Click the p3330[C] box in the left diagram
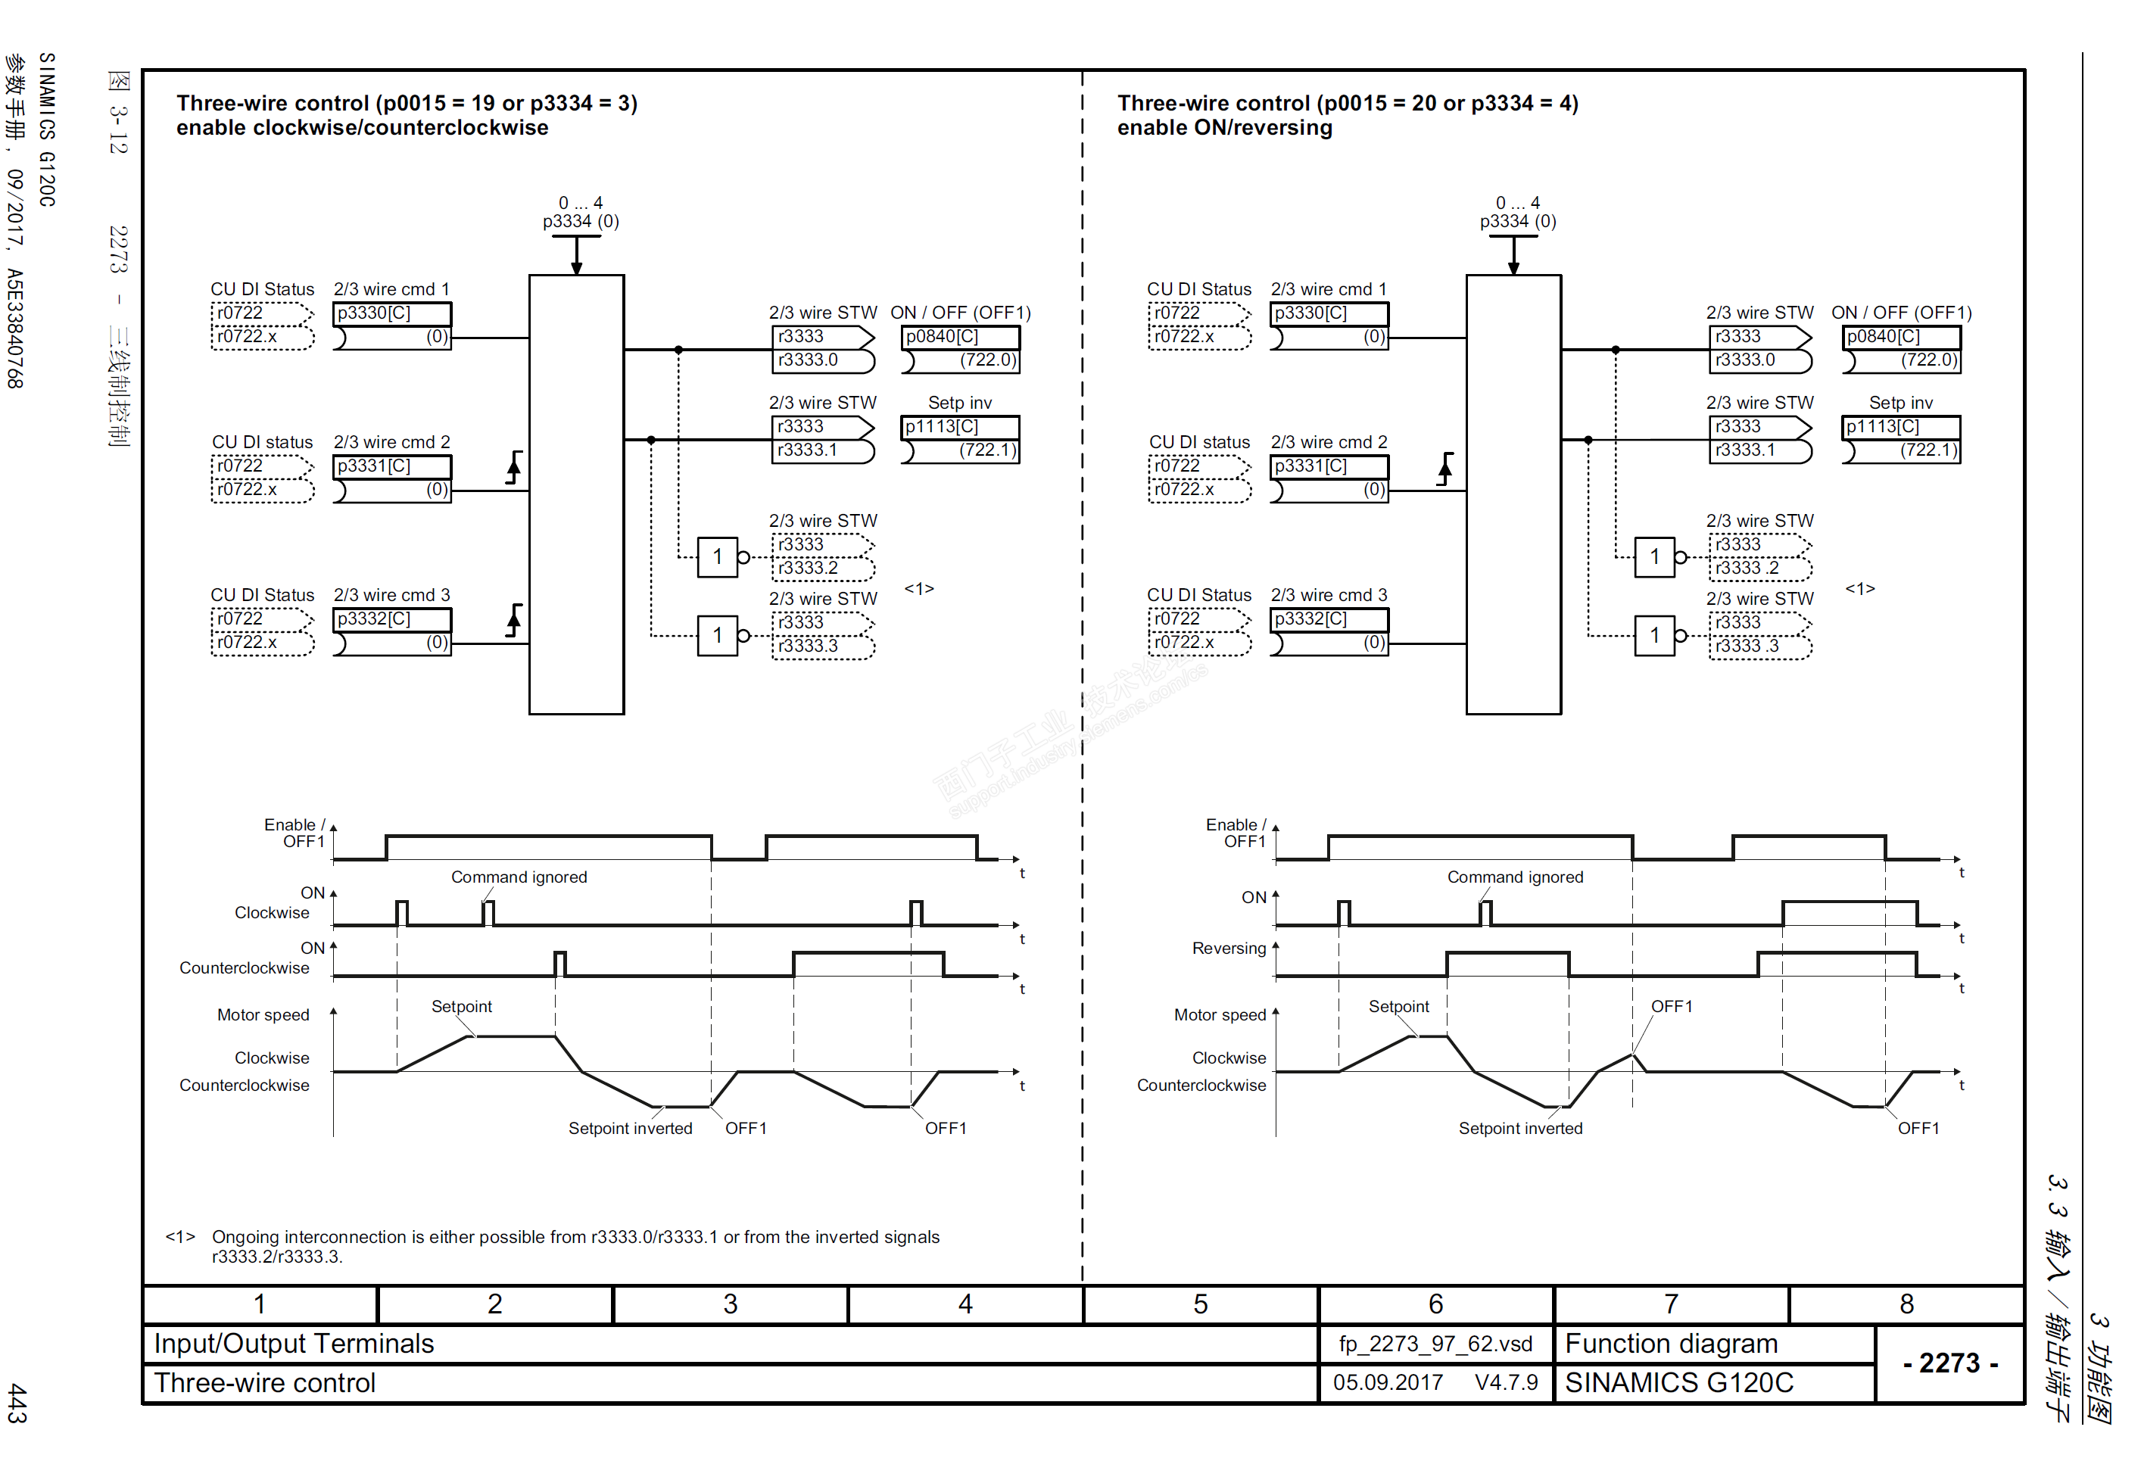[x=391, y=313]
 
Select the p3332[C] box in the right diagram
[x=1329, y=619]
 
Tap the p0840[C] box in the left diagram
[x=960, y=337]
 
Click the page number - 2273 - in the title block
[x=1950, y=1363]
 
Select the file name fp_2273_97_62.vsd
[x=1435, y=1344]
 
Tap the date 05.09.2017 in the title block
[x=1388, y=1383]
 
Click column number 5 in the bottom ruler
[x=1201, y=1304]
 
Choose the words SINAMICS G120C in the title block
[x=1678, y=1383]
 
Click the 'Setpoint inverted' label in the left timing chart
[x=630, y=1128]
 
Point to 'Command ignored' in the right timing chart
[x=1515, y=877]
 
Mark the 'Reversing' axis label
[x=1229, y=949]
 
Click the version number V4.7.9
[x=1507, y=1383]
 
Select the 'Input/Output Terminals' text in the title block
[x=294, y=1344]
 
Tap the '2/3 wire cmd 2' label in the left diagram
[x=391, y=442]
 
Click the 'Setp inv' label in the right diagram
[x=1900, y=403]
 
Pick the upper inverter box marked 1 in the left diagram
[x=717, y=557]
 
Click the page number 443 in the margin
[x=17, y=1402]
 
